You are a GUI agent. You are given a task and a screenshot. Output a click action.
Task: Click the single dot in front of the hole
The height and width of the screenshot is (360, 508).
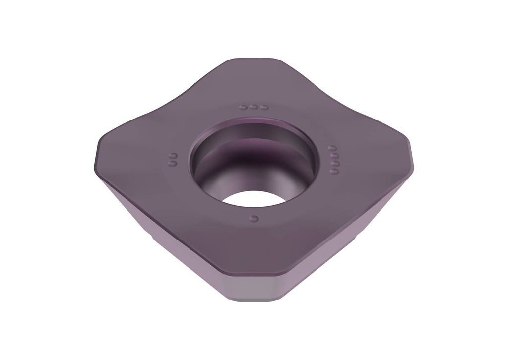coord(254,218)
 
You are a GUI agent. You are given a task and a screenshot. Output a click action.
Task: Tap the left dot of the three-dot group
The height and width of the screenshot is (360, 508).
coord(243,107)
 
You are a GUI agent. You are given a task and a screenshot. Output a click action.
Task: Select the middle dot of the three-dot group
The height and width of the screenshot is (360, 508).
coord(254,107)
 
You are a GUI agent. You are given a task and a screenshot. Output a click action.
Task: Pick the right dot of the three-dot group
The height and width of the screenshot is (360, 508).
coord(265,107)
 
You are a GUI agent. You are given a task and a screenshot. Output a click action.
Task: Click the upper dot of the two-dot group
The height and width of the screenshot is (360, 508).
coord(173,155)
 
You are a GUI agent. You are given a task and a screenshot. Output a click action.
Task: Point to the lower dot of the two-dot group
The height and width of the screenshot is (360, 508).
coord(173,162)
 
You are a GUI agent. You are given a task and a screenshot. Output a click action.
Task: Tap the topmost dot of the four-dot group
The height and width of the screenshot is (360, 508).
coord(333,148)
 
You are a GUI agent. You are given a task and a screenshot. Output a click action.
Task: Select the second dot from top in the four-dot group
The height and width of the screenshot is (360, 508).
coord(334,155)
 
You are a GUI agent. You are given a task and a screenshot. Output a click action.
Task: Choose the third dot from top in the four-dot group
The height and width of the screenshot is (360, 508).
coord(335,163)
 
